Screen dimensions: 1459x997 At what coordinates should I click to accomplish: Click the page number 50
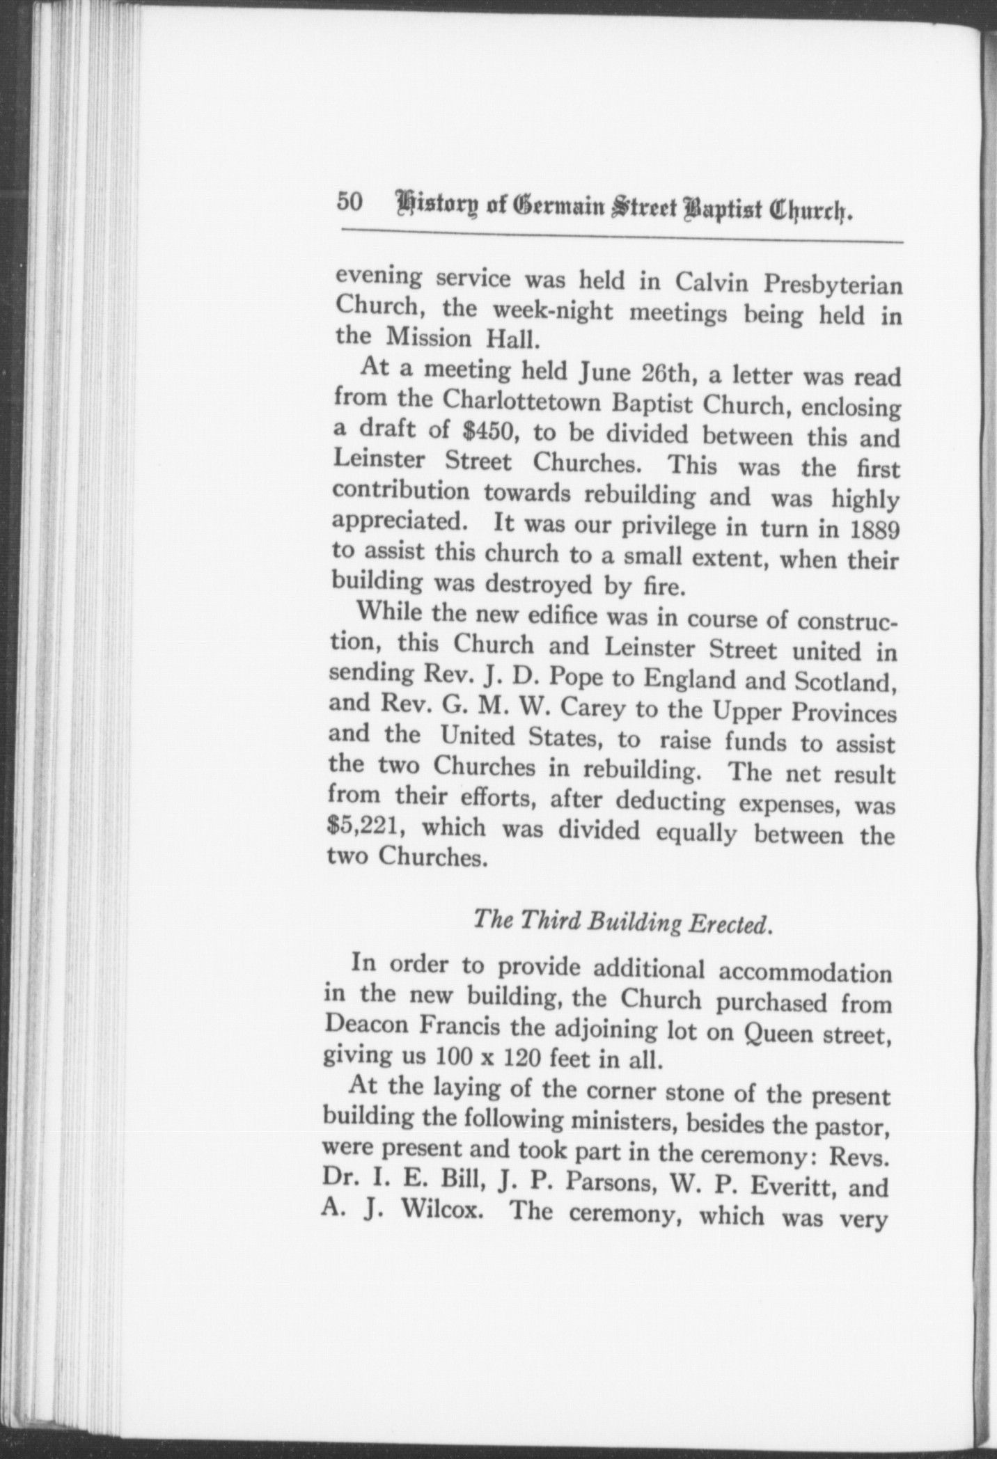coord(350,203)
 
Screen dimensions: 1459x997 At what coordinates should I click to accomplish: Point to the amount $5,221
coord(361,827)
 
